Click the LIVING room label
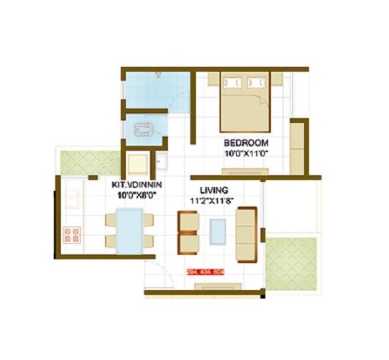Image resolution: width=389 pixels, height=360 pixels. [x=215, y=190]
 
